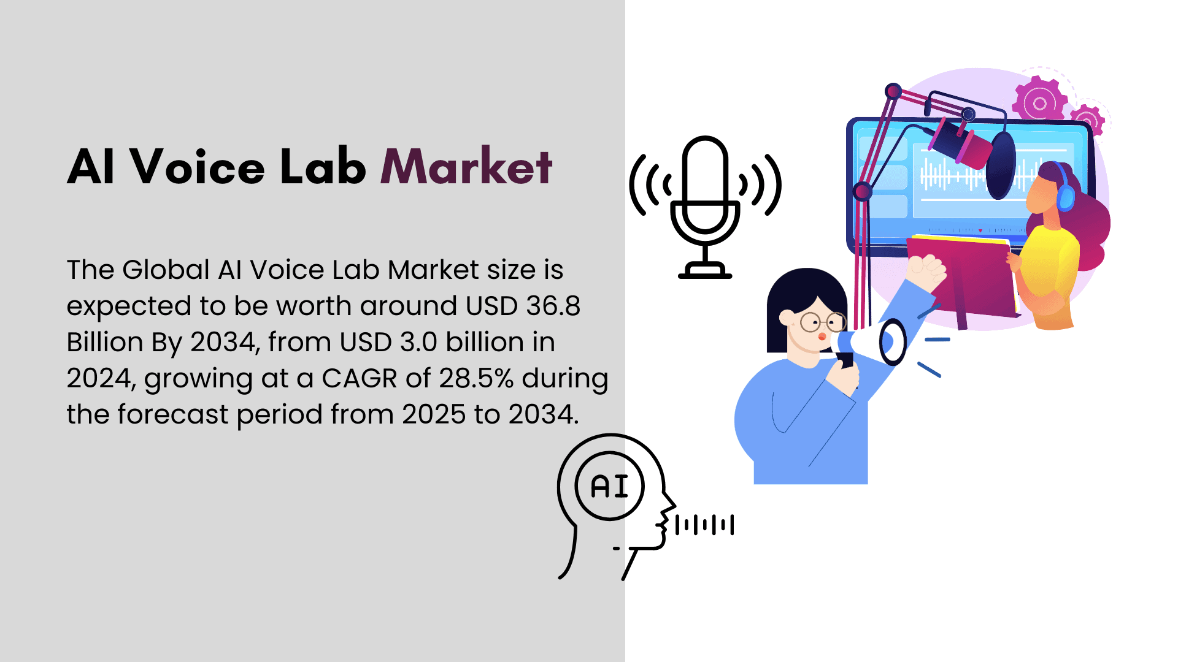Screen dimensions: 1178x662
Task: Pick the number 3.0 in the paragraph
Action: pos(418,342)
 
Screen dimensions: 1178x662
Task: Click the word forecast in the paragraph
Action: pos(173,414)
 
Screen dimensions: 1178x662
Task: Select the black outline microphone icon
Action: pos(705,207)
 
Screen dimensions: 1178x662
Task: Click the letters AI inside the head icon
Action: pos(610,487)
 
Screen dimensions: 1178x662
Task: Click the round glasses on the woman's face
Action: pos(823,321)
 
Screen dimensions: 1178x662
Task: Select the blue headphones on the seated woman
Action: pos(1064,190)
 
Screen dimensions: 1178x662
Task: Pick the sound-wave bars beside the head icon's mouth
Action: pos(704,525)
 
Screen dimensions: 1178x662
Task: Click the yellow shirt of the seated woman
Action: pos(1050,264)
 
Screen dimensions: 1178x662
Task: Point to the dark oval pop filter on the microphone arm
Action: pos(1001,165)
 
